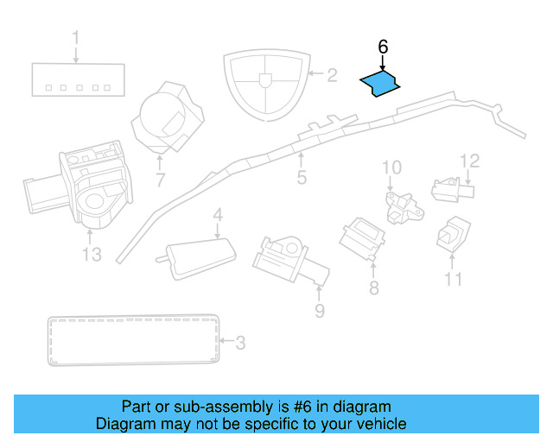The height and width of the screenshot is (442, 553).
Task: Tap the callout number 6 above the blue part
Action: coord(384,47)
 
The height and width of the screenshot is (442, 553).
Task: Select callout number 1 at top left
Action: coord(75,38)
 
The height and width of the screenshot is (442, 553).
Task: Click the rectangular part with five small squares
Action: coord(75,79)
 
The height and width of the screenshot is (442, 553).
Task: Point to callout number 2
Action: coord(331,76)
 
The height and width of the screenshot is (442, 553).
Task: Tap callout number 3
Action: coord(240,343)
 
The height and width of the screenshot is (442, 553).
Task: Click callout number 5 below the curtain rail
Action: coord(302,178)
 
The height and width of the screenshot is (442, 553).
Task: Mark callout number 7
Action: coord(160,180)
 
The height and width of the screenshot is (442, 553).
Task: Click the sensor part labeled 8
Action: coord(364,236)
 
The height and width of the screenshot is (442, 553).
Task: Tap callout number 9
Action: coord(319,309)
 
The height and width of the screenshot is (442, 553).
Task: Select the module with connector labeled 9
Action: coord(285,257)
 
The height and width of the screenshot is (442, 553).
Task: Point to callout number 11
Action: coord(454,279)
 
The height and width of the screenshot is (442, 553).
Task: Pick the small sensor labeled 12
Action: coord(450,187)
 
